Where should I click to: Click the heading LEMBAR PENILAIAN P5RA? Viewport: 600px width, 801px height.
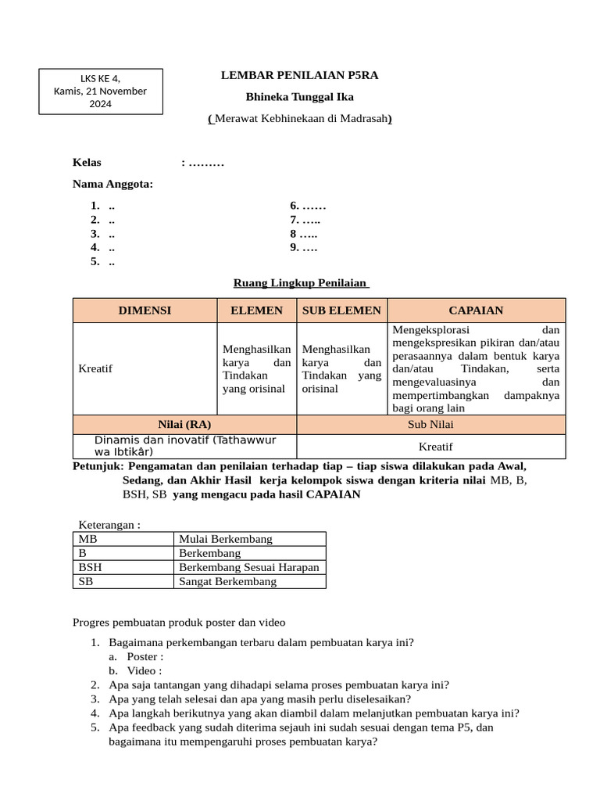point(300,75)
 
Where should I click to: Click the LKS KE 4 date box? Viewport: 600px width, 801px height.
point(101,91)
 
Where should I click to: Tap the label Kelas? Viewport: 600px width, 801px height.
point(87,163)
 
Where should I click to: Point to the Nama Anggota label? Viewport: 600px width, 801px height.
point(112,184)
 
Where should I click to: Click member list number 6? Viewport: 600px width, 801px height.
point(308,206)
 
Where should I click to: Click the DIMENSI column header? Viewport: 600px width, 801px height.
point(145,311)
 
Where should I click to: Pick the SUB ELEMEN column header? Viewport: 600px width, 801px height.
point(341,311)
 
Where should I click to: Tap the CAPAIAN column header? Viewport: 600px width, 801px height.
point(476,311)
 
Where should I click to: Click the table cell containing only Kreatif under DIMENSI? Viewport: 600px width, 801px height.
point(145,368)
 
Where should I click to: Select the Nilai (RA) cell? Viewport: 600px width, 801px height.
point(184,425)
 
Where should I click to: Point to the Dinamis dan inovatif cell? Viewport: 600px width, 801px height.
point(184,446)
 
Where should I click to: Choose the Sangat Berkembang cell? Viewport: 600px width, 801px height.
point(248,582)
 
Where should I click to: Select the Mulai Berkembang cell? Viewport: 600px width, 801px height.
point(248,539)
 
